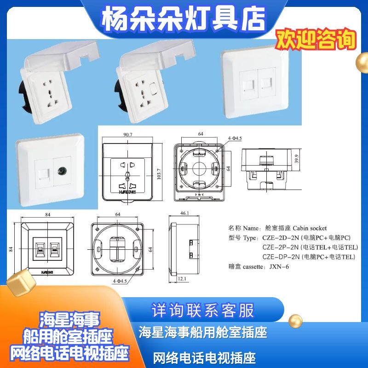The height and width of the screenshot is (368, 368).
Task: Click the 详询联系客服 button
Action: pos(203,310)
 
